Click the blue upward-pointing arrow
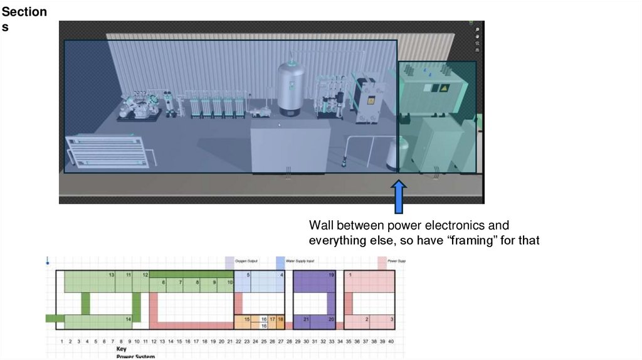[x=398, y=197]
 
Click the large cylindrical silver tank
[x=292, y=88]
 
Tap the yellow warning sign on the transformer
[x=446, y=89]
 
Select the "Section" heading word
[x=23, y=12]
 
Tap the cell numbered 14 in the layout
[x=128, y=320]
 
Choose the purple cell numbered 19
[x=331, y=275]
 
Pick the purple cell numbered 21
[x=306, y=320]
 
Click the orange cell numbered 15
[x=247, y=320]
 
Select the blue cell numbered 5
[x=248, y=275]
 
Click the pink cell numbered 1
[x=350, y=275]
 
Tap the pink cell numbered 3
[x=392, y=320]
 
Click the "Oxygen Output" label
[x=246, y=260]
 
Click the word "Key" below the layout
[x=121, y=348]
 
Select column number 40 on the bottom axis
[x=391, y=341]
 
